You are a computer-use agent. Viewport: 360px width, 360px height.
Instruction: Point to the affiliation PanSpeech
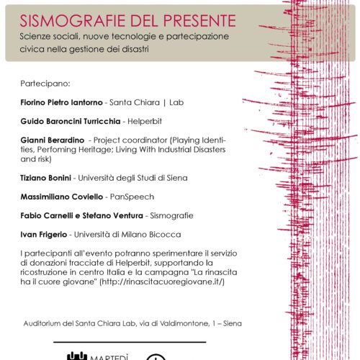pos(141,195)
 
